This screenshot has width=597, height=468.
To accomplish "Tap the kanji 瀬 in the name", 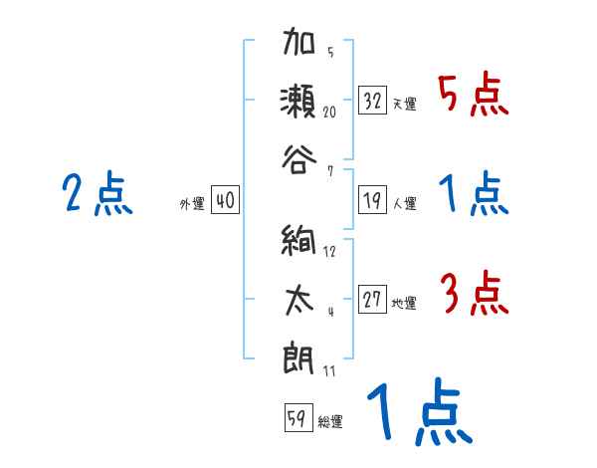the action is click(x=298, y=102).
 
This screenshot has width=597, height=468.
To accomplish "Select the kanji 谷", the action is click(x=298, y=154).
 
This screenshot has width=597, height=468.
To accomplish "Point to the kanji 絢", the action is click(x=298, y=244).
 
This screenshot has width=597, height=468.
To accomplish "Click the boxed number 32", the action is click(x=373, y=101).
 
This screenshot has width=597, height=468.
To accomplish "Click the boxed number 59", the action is click(x=296, y=418).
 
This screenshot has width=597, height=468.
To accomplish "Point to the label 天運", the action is click(x=404, y=104).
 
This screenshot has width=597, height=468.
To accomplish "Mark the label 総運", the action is click(x=330, y=421).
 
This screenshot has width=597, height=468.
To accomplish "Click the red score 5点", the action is click(x=474, y=97).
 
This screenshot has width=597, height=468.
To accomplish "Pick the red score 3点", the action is click(x=474, y=295).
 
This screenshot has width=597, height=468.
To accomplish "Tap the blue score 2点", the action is click(x=97, y=193).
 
